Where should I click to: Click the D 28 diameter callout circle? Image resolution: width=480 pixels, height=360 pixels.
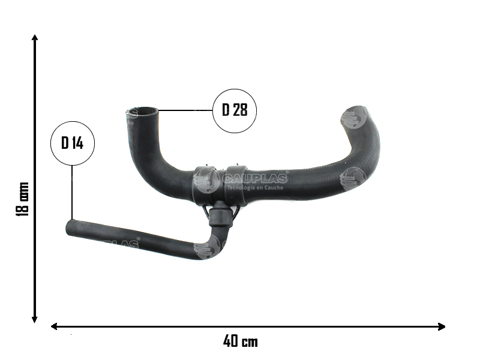click(x=235, y=110)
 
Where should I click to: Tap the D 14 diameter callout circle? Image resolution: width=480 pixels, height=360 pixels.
click(x=73, y=143)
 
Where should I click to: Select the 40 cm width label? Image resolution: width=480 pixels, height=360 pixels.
click(x=240, y=341)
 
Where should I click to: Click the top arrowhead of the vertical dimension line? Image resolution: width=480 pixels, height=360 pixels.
click(x=35, y=38)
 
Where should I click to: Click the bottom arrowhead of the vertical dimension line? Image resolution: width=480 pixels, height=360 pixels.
click(x=35, y=320)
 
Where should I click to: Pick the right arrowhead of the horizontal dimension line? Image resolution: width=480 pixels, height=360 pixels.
click(x=442, y=326)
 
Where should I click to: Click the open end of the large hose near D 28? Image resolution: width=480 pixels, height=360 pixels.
click(x=143, y=111)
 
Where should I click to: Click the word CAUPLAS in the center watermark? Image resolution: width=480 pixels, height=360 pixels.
click(x=256, y=178)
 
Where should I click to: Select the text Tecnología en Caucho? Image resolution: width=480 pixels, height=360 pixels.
click(x=256, y=187)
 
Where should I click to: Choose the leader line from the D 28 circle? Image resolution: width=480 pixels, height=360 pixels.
click(x=186, y=110)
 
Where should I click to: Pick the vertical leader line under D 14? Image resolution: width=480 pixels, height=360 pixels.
click(x=72, y=192)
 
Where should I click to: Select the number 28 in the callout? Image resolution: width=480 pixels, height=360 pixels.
click(x=240, y=110)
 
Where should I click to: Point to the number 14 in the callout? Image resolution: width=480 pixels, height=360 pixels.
click(x=77, y=143)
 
